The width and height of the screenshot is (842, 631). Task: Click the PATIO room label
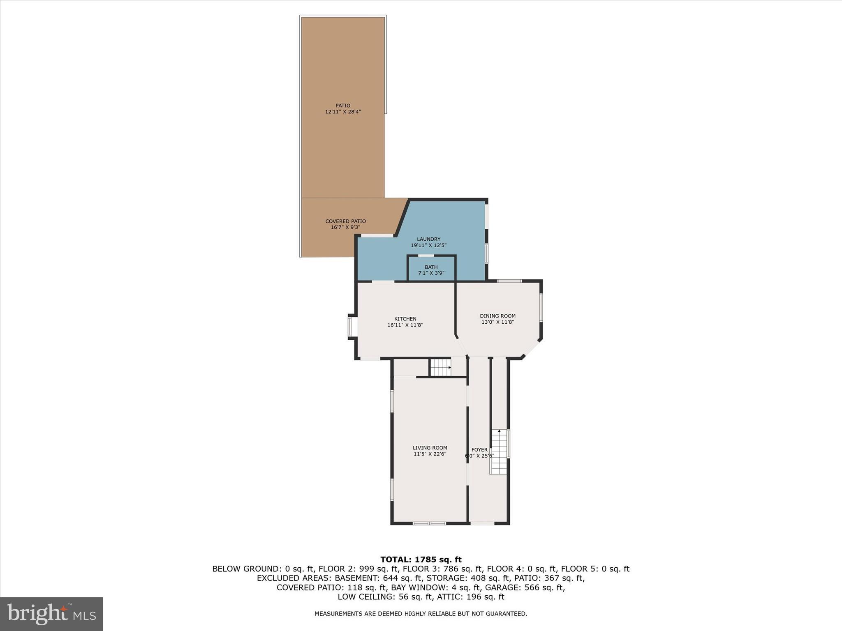tap(342, 106)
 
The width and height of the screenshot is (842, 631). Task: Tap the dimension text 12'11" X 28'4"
tap(342, 112)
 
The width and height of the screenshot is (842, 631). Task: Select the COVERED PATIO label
tap(345, 221)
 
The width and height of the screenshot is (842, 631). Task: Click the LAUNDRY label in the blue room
tap(428, 239)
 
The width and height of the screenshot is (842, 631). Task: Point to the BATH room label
tap(431, 267)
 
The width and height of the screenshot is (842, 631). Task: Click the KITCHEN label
tap(405, 319)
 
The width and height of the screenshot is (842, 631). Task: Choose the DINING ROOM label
tap(497, 316)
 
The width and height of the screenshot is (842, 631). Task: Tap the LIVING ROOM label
tap(430, 448)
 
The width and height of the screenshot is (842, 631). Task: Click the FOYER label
tap(479, 450)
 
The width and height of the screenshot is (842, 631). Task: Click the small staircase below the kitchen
tap(440, 367)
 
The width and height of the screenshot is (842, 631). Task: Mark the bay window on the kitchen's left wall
tap(351, 327)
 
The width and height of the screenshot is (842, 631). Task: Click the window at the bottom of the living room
tap(429, 523)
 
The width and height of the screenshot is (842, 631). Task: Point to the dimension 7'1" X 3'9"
tap(431, 273)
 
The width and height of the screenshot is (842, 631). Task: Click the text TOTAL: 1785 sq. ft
tap(421, 560)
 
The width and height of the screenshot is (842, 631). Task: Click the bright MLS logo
tap(51, 614)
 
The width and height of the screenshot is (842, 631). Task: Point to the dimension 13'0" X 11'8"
tap(497, 322)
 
